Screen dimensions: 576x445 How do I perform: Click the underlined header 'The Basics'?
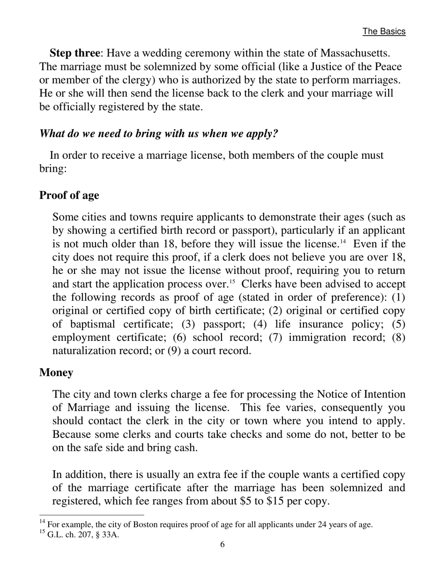tap(384, 31)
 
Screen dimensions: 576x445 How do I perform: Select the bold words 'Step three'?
tap(74, 53)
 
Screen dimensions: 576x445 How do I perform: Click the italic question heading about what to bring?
tap(158, 133)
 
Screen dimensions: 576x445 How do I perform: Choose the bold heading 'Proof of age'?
tap(69, 195)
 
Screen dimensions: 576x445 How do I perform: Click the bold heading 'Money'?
tap(56, 373)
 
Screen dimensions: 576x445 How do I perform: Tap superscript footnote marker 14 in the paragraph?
tap(342, 242)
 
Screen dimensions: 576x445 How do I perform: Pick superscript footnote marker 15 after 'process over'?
tap(231, 282)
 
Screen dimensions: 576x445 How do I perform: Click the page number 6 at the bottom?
tap(222, 545)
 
